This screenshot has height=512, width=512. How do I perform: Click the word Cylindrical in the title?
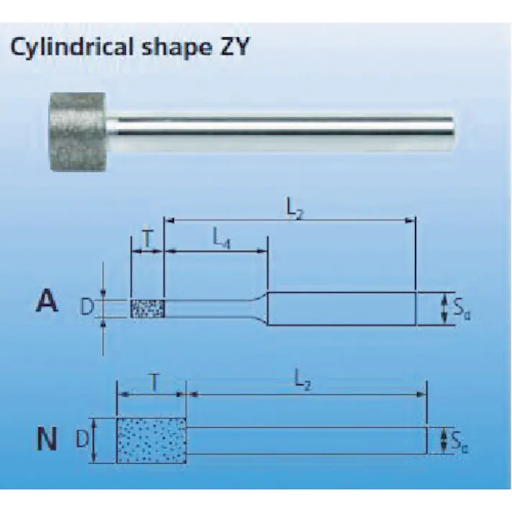[62, 47]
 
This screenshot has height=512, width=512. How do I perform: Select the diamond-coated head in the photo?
[78, 131]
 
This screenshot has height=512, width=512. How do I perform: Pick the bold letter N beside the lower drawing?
[47, 439]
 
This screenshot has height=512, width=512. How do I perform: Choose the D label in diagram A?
[86, 308]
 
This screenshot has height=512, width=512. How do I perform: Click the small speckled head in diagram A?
[147, 309]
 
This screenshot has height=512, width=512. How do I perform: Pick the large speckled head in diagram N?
[151, 439]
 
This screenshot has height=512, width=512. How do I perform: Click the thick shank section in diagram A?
[341, 309]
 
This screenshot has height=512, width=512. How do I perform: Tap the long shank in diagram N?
[306, 439]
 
